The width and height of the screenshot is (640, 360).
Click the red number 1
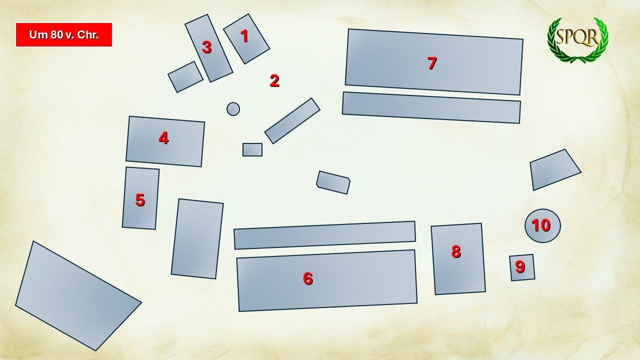244,36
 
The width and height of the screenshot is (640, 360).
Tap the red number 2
274,81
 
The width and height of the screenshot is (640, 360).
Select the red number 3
207,47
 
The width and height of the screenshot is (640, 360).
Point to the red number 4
163,138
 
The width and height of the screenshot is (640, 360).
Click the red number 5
140,200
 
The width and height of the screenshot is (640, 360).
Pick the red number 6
307,278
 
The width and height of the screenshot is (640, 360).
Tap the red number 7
432,63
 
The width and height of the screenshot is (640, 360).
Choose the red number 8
456,251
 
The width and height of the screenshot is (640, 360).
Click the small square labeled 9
522,267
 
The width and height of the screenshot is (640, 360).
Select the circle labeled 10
542,225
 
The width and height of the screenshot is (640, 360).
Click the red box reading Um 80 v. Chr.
63,34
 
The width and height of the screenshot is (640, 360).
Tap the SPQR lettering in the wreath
577,37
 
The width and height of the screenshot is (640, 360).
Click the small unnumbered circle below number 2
233,109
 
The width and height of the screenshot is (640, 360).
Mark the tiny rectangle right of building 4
252,149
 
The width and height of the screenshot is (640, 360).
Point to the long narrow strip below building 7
431,107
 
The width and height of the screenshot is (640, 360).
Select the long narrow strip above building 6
324,235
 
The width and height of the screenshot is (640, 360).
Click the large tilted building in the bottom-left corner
78,295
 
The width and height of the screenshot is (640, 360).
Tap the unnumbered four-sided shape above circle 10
555,169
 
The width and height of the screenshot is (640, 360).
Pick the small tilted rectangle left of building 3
185,77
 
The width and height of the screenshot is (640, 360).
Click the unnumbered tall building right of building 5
197,238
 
